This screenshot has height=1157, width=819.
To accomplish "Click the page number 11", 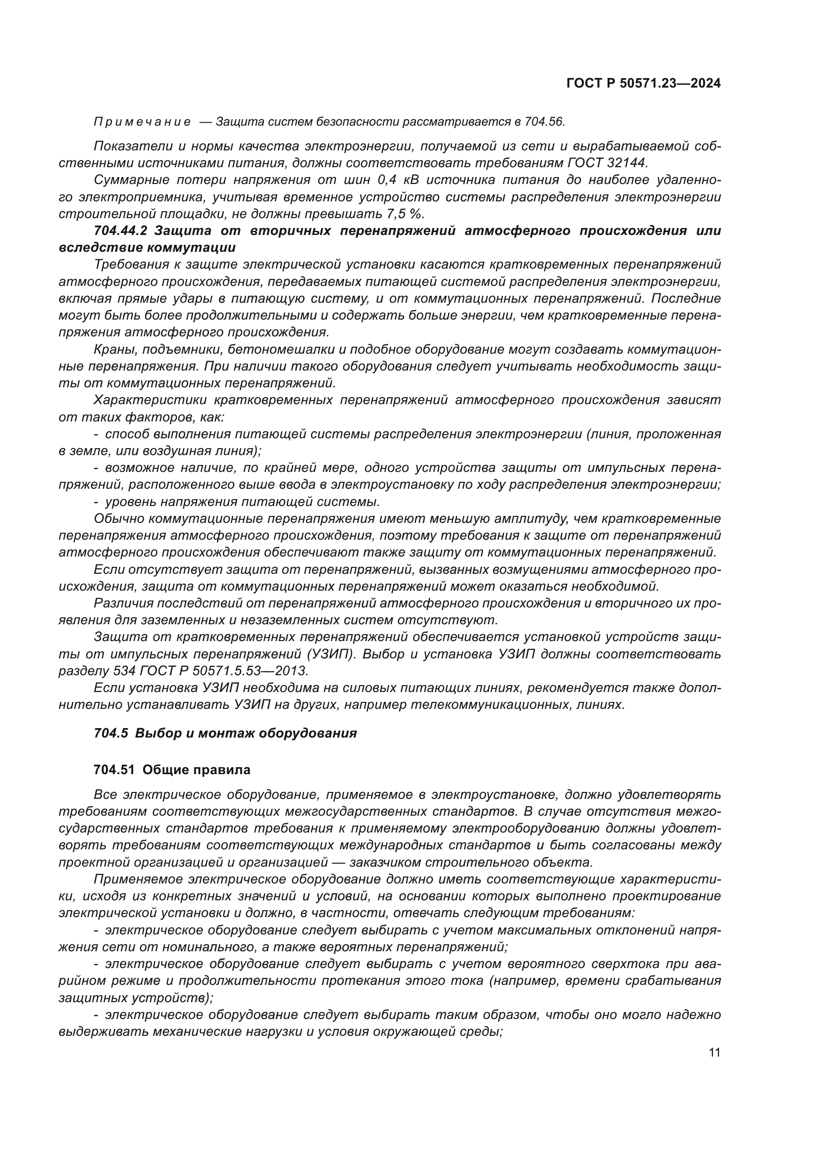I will pyautogui.click(x=714, y=1053).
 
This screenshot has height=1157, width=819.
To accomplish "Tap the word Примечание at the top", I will pyautogui.click(x=142, y=122).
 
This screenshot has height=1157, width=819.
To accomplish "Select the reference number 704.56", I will pyautogui.click(x=545, y=122).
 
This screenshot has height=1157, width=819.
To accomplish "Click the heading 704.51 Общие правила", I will pyautogui.click(x=172, y=770).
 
